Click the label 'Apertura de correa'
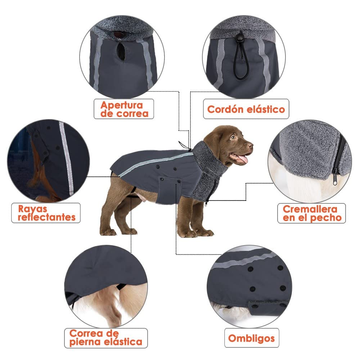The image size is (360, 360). click(124, 109)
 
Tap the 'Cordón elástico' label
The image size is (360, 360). click(246, 109)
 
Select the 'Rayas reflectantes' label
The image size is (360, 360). click(46, 213)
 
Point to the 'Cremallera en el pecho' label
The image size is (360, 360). click(311, 213)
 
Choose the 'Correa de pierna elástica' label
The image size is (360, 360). click(106, 338)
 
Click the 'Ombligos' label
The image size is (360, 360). click(252, 338)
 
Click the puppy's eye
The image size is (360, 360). click(234, 138)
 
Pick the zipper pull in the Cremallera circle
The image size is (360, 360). click(335, 178)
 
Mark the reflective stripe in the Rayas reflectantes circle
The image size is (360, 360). click(67, 158)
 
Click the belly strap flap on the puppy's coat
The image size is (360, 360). click(169, 190)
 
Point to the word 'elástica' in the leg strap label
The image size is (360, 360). click(123, 342)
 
